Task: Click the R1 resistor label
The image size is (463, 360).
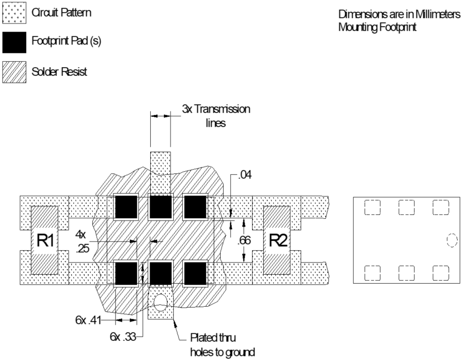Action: coord(45,241)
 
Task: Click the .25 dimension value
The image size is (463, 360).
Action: coord(83,250)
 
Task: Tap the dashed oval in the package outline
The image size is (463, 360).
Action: coord(452,241)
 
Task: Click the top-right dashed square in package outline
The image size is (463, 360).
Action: coord(440,207)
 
